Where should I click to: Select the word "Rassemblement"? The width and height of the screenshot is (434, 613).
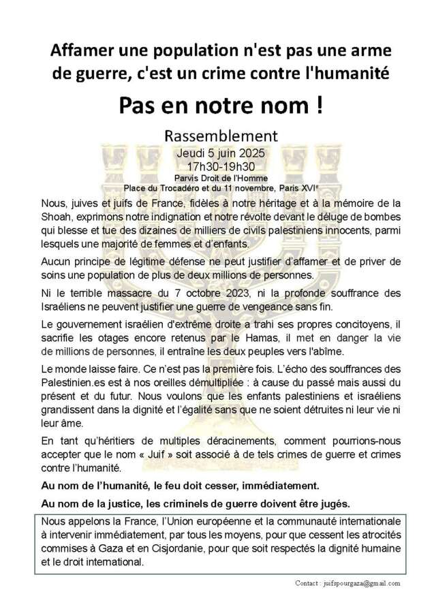click(216, 133)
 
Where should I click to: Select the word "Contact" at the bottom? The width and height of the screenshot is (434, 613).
click(309, 584)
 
